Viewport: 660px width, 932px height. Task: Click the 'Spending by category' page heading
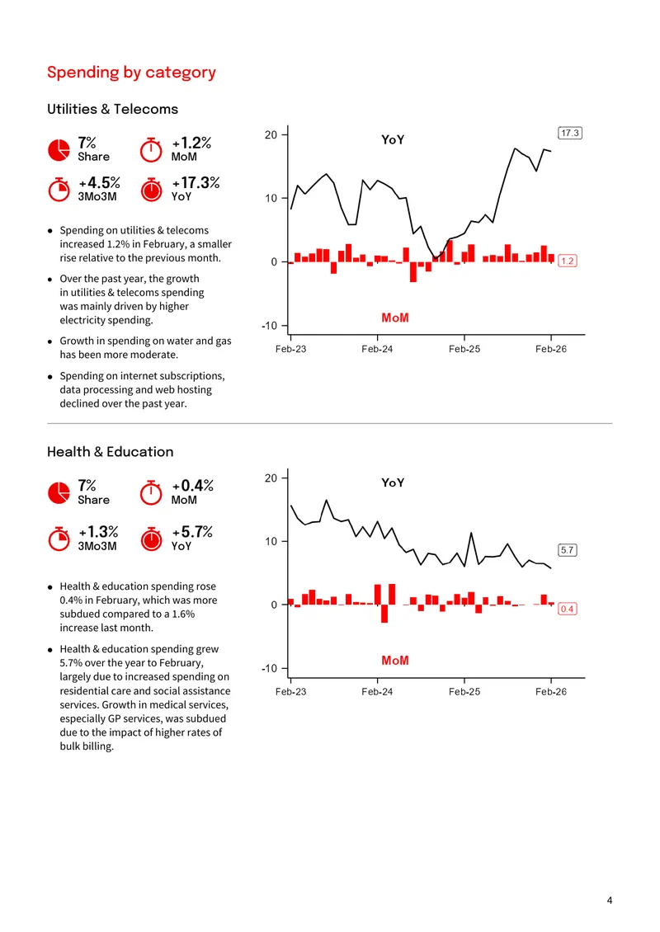coord(131,73)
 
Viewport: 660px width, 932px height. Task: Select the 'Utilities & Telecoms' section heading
coord(112,109)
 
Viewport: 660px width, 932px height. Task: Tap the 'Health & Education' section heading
coord(110,452)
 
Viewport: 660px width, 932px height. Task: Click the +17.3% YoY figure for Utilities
coord(196,182)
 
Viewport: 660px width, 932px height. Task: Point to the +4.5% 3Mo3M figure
coord(99,182)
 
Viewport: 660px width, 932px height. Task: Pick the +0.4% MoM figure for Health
coord(193,486)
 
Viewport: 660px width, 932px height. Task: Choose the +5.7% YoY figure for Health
coord(192,531)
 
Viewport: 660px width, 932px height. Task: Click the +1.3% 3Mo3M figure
coord(98,531)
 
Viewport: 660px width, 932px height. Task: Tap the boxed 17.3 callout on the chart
coord(569,133)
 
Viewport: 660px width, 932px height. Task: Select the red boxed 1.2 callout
coord(568,261)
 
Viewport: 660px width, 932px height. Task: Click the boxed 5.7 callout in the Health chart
coord(568,550)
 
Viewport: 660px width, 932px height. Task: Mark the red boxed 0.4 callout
coord(568,609)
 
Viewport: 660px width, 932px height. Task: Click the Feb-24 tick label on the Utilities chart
coord(377,349)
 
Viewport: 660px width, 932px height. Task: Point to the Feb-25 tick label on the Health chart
coord(464,692)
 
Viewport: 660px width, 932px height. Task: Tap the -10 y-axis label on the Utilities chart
coord(270,326)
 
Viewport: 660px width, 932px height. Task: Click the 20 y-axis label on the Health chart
coord(271,478)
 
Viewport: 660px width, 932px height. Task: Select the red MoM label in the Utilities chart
coord(395,318)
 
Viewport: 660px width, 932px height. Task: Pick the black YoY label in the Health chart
coord(393,482)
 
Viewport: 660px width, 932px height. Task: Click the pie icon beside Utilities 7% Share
coord(59,150)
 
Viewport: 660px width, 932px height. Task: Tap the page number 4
coord(610,901)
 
